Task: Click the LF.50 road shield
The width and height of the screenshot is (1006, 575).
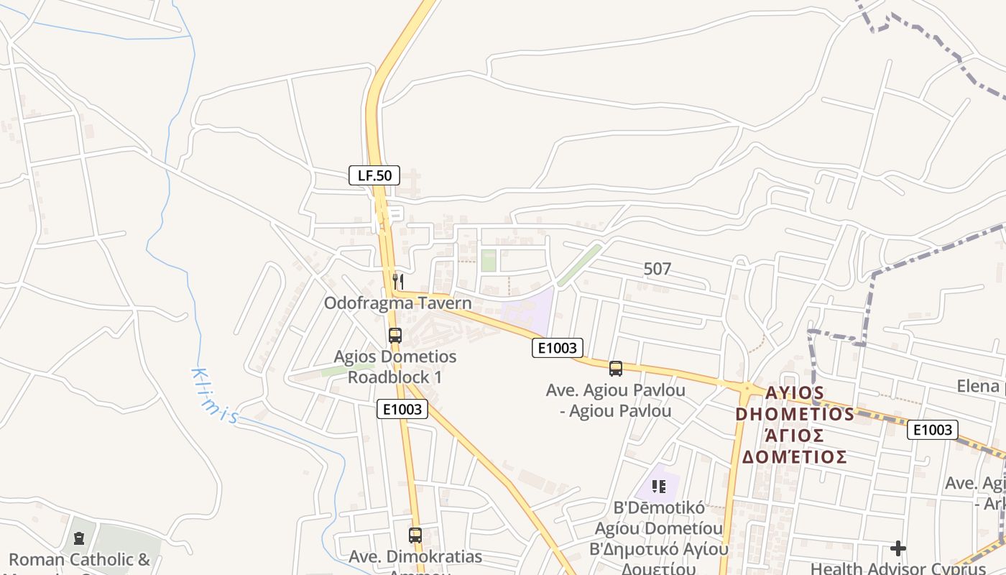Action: click(374, 175)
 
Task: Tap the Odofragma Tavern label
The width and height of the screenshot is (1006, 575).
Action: click(397, 303)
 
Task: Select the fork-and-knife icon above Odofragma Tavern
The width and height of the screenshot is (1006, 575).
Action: click(398, 281)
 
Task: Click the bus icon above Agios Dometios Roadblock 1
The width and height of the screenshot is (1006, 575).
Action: click(394, 335)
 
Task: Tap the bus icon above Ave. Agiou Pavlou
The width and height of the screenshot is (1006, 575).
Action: click(616, 369)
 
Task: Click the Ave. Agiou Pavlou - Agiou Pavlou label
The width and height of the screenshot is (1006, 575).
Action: click(615, 400)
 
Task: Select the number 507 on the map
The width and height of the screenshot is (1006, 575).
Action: click(657, 270)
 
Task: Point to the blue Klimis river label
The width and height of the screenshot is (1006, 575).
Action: click(213, 396)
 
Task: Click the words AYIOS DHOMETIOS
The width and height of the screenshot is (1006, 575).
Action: click(795, 403)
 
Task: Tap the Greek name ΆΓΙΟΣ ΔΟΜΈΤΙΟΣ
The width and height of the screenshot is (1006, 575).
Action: click(795, 446)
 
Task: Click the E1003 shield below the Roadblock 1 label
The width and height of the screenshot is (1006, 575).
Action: click(402, 410)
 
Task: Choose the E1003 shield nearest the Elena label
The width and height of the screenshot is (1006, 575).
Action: click(933, 430)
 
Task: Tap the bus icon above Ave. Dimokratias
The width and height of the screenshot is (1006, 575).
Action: click(415, 535)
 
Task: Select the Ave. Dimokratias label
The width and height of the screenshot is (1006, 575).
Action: click(415, 557)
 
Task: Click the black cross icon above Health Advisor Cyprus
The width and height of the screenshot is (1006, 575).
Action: click(898, 548)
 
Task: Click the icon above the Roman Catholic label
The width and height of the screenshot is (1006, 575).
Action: click(79, 538)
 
